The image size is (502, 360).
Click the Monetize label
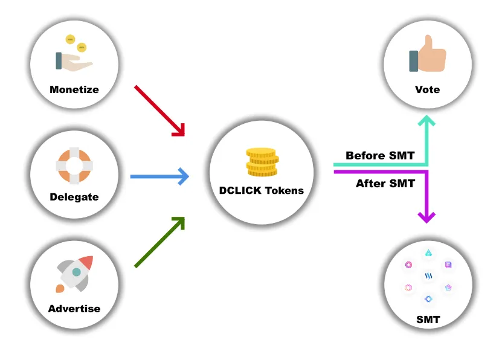pos(74,89)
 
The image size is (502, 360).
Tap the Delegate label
pos(74,197)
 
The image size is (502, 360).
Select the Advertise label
pos(74,309)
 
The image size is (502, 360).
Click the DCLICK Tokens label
pos(261,190)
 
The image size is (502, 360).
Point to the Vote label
pos(428,89)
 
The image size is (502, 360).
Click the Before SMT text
pos(380,155)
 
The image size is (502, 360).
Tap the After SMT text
pos(385,184)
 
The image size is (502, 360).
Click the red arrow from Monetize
pos(159,111)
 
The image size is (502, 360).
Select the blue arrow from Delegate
pos(159,176)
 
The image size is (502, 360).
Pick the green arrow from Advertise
pos(159,242)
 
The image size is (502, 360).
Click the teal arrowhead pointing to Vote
pos(426,120)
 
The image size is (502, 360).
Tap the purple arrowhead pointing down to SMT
pos(426,217)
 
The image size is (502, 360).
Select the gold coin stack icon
pos(262,162)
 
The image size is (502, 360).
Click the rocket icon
pos(74,274)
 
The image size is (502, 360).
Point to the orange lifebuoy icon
pos(74,166)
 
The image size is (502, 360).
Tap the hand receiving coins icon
pos(74,53)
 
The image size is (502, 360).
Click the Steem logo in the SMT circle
pos(428,275)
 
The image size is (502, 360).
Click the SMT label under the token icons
pos(428,320)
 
